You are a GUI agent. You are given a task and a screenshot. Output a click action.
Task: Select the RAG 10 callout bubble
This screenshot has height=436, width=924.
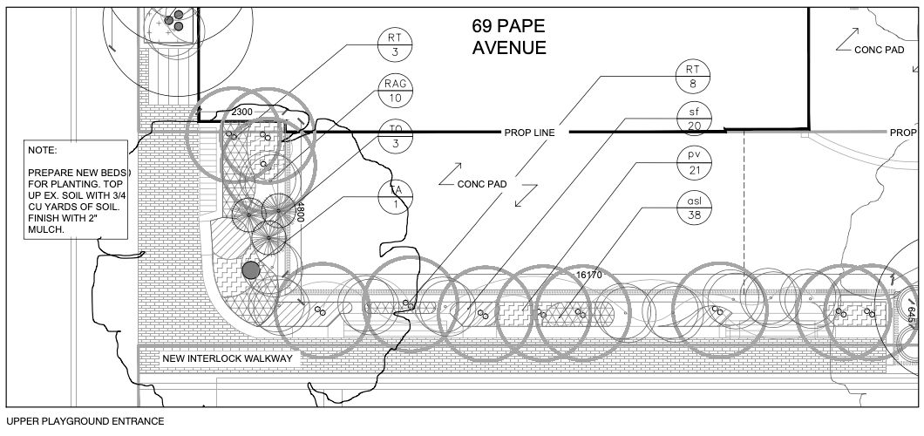point(396,91)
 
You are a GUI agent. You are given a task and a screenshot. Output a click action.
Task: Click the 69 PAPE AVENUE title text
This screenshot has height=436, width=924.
point(509,37)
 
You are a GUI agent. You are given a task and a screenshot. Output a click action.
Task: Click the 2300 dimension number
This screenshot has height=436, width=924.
point(241,113)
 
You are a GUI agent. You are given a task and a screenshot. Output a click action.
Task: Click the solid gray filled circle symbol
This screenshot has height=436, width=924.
point(251,270)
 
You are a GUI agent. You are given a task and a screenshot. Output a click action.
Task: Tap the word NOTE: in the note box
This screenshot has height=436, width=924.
point(42,150)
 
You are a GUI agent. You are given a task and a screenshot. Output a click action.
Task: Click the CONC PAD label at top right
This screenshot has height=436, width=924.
point(879,50)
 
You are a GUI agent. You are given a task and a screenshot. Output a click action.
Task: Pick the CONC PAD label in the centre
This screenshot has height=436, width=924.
point(482,184)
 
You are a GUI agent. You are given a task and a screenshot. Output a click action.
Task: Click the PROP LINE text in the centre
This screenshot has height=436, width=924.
point(530,133)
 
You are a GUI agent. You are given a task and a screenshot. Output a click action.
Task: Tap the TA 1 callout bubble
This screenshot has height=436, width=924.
point(396,198)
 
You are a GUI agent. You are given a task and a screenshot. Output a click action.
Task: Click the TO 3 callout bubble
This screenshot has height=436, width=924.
point(396,136)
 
